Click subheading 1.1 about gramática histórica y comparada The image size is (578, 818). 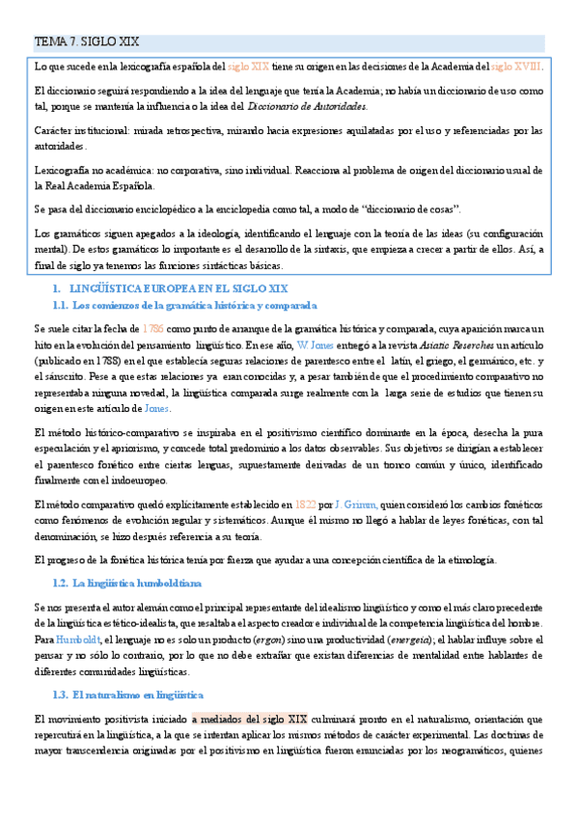point(180,306)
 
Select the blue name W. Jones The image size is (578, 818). point(317,344)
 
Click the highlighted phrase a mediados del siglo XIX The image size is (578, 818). point(249,719)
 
